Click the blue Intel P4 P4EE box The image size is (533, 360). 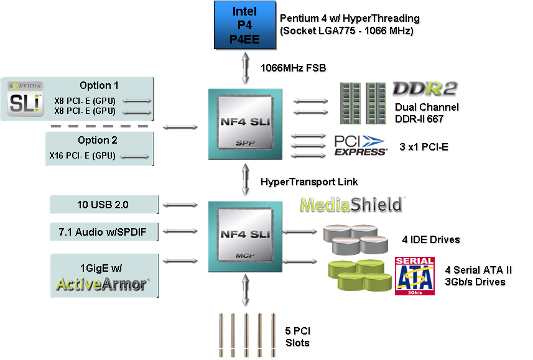(244, 25)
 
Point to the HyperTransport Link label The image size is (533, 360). (309, 182)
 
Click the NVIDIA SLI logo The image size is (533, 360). (25, 98)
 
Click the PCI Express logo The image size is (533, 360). (361, 145)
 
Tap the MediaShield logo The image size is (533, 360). (352, 205)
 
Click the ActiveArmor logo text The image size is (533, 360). (102, 284)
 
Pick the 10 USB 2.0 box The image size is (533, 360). (104, 203)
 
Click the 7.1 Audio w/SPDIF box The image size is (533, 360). (104, 233)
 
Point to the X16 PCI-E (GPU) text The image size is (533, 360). (82, 155)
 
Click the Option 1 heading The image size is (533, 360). (99, 85)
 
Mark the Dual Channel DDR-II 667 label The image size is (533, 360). (427, 113)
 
